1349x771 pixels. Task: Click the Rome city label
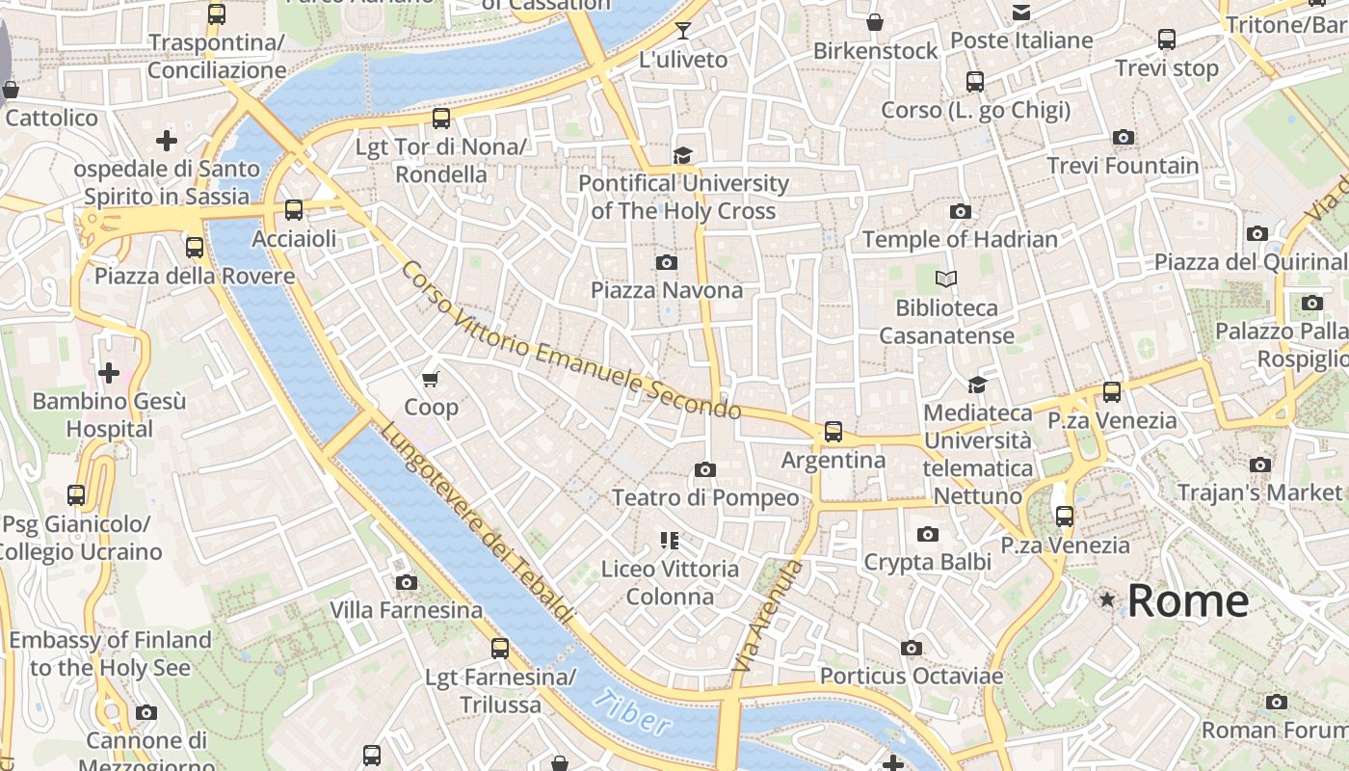(1187, 601)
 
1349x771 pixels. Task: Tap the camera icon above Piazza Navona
(666, 262)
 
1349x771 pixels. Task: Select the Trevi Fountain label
(1123, 166)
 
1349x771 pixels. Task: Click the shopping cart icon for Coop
(431, 378)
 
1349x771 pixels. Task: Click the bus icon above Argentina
(833, 431)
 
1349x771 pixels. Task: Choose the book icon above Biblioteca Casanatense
(946, 279)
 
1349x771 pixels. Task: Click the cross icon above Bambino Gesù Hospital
(109, 372)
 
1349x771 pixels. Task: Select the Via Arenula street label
(768, 617)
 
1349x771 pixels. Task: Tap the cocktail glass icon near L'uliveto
(683, 31)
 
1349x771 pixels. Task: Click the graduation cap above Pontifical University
(683, 155)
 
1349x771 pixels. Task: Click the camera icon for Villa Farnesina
(407, 582)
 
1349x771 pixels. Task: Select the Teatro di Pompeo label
(705, 498)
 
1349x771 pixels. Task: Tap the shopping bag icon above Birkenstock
(875, 21)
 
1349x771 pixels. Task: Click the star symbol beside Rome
(1108, 600)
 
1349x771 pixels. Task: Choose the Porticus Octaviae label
(911, 677)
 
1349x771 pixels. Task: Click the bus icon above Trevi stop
(1166, 40)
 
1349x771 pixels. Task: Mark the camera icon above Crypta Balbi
(927, 534)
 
